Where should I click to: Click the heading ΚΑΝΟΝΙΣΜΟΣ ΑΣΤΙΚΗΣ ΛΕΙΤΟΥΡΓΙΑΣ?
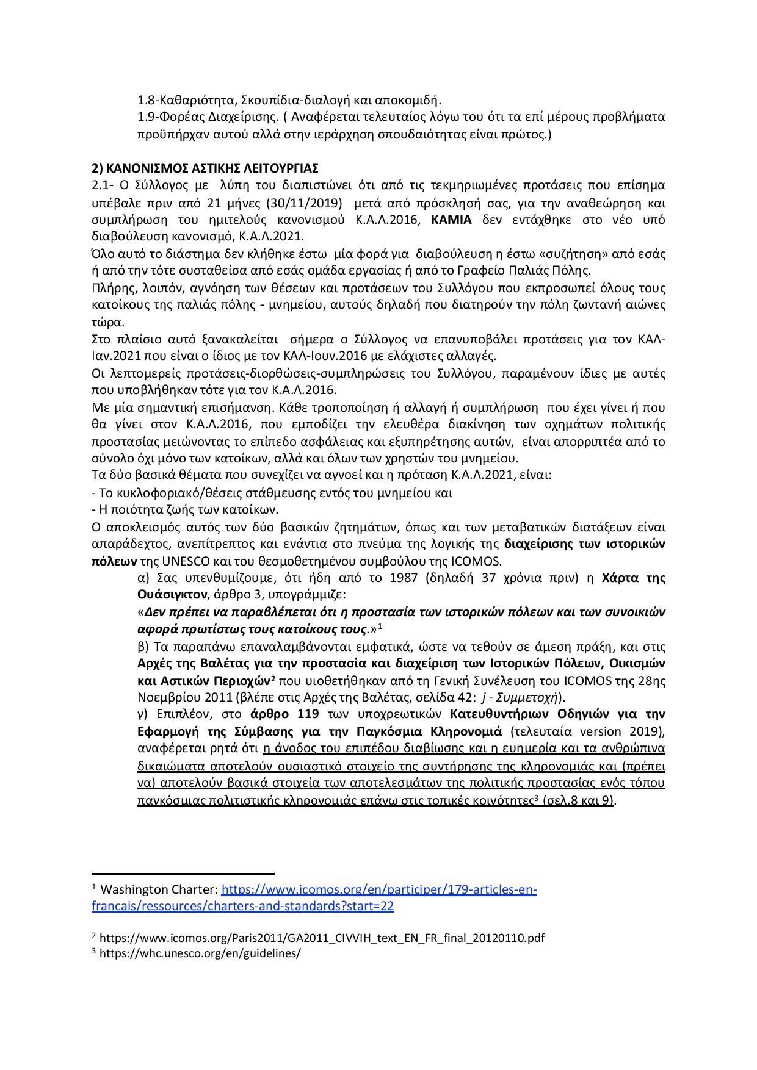pos(212,168)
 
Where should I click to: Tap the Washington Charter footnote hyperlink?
pos(378,890)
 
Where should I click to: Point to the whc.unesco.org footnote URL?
pos(200,953)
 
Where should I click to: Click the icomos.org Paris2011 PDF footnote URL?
pos(322,938)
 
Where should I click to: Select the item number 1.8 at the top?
pos(147,100)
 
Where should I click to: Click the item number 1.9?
pos(147,117)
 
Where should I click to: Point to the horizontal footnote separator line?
pos(183,874)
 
